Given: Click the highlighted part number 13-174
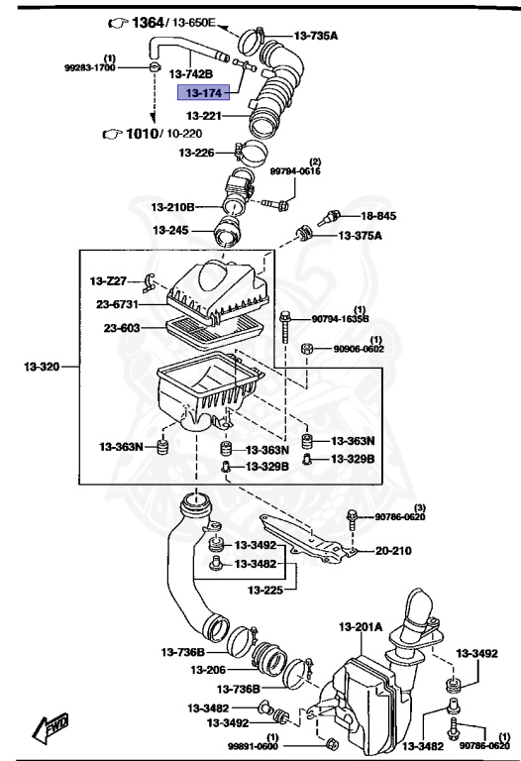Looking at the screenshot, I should [201, 93].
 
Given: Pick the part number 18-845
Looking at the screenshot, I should [377, 216].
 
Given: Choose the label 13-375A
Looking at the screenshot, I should [361, 236].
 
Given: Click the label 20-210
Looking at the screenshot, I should [393, 551].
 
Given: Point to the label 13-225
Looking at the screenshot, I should [265, 590].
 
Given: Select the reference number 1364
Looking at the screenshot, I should [153, 21].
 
